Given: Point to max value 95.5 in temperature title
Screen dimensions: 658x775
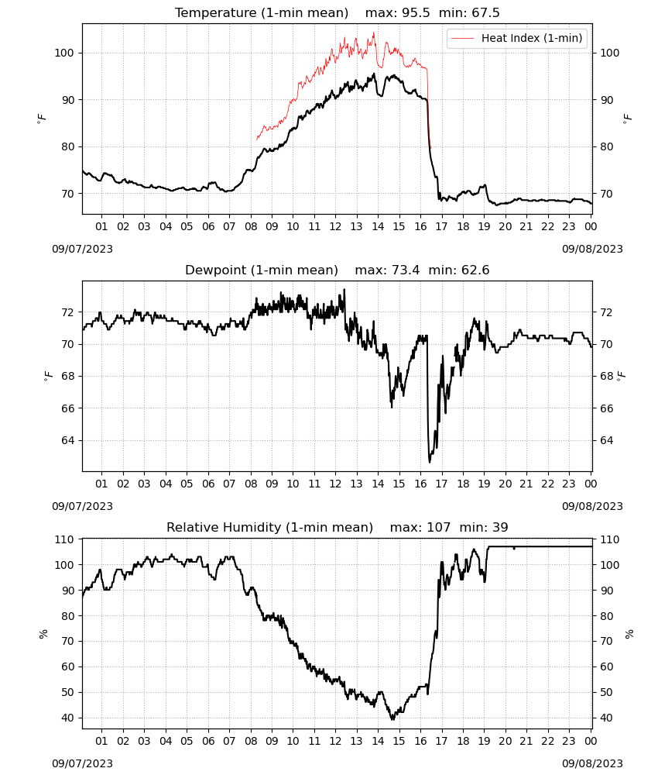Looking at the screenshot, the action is pos(416,12).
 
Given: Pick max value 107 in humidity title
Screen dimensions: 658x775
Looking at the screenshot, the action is pos(439,527).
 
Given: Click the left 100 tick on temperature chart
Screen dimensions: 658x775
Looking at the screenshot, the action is pos(64,53).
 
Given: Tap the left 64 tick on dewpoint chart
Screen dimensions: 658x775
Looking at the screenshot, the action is pos(67,440).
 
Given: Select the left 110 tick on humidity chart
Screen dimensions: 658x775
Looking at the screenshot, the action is pos(64,539).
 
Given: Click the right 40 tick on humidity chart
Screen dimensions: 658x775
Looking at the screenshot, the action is pos(606,718).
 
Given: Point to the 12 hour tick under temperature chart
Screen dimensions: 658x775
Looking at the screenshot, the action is pos(335,226).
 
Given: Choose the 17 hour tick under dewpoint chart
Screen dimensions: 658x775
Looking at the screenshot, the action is pos(441,484).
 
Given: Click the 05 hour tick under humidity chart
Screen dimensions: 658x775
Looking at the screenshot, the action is pos(187,741).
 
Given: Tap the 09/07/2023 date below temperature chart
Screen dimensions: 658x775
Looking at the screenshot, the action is pos(82,249).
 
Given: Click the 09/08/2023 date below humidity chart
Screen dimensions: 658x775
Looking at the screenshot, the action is pos(592,763).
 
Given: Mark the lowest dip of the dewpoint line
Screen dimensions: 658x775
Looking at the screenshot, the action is pos(430,462).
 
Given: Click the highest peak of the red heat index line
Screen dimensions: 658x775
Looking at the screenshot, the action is pos(374,33).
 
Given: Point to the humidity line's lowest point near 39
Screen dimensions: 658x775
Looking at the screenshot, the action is pos(393,720).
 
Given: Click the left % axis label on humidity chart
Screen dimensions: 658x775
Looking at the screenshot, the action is pos(43,634).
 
